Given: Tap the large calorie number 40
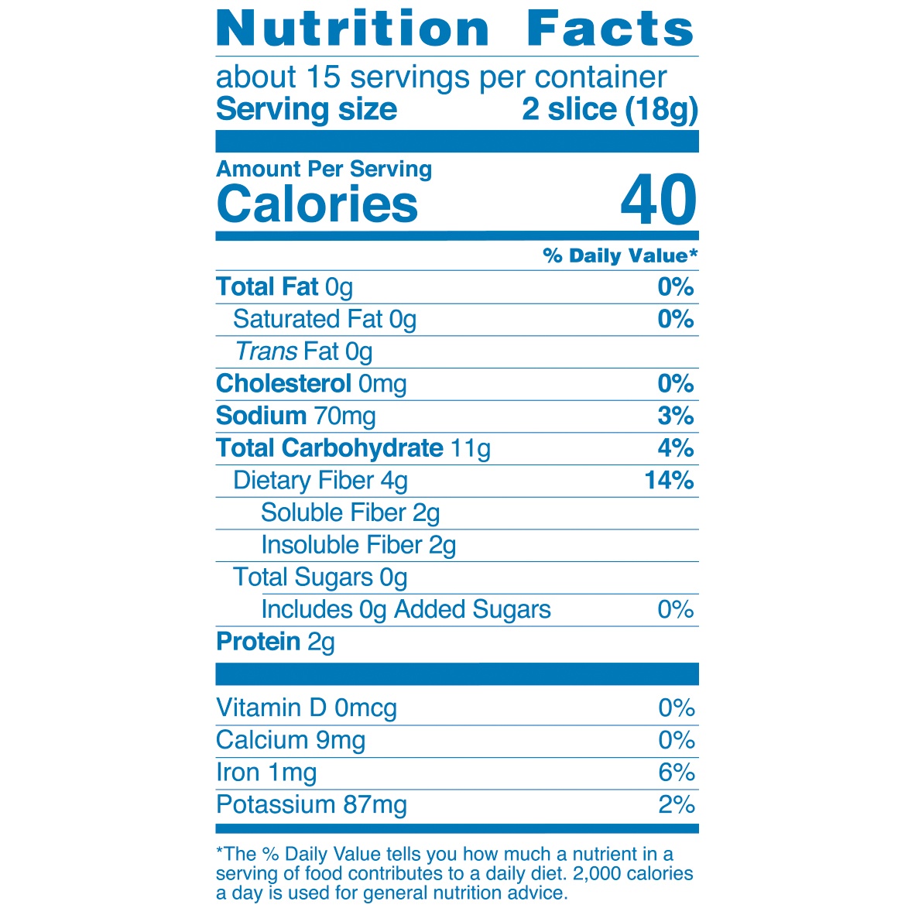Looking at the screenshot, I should click(659, 200).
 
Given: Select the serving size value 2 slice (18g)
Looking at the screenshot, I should click(610, 109).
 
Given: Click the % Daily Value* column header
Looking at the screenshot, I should click(620, 256).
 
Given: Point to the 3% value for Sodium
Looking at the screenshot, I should click(675, 416).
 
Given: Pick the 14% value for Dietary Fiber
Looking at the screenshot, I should click(669, 480).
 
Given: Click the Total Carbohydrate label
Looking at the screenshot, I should click(329, 448).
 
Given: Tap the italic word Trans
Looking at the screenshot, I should click(266, 351).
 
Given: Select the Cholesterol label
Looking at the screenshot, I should click(283, 384).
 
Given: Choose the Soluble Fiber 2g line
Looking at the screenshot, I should click(350, 513).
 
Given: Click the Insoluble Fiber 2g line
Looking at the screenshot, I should click(358, 545).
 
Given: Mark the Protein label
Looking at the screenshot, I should click(258, 642).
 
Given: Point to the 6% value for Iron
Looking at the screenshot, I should click(676, 773).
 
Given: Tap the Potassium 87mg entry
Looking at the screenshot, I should click(311, 805).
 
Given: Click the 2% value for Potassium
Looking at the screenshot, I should click(676, 805).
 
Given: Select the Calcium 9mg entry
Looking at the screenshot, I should click(290, 741).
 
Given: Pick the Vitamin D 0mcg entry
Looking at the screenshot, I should click(306, 708).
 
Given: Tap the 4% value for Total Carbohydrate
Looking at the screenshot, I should click(675, 448).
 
